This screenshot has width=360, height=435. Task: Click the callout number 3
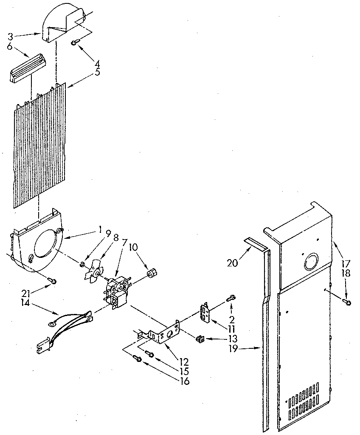10,37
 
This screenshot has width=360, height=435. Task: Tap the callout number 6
10,46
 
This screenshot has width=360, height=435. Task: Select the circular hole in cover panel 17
311,263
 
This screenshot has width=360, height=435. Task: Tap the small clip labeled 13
199,339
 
